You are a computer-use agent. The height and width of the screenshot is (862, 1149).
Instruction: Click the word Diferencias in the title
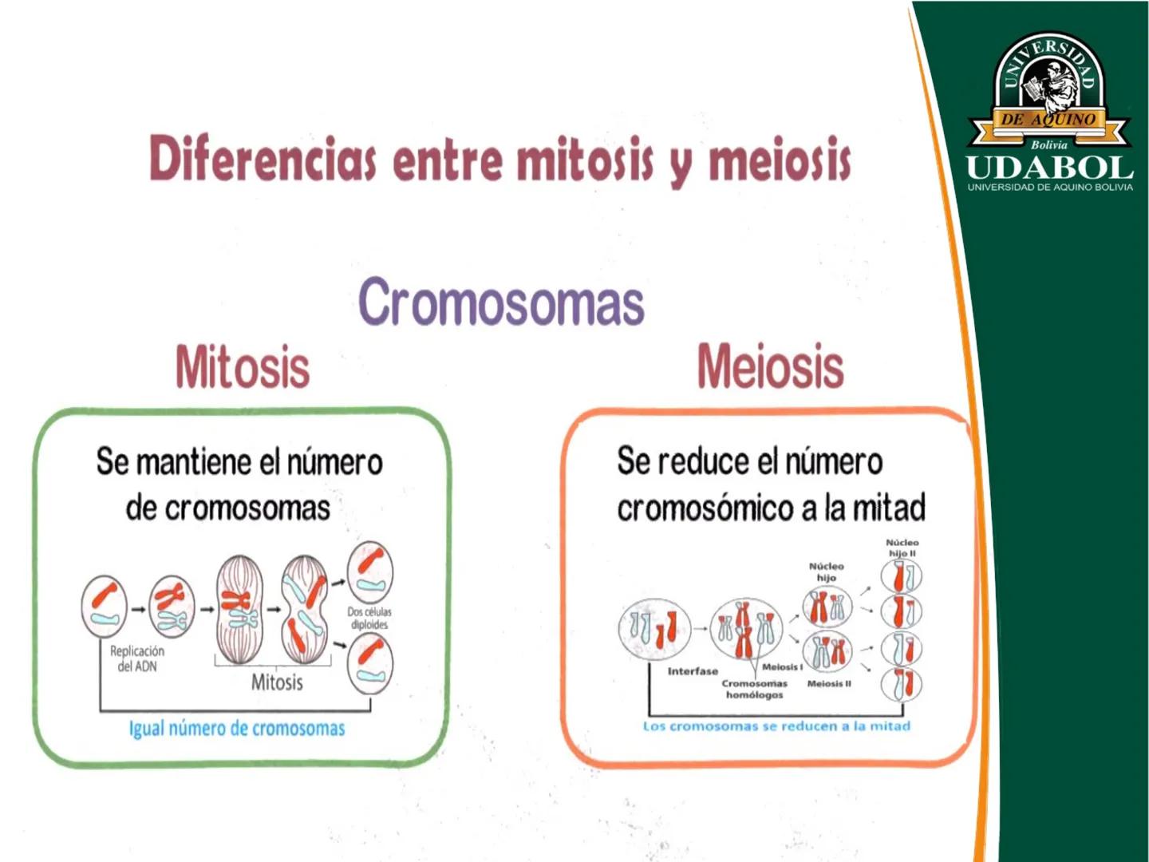[263, 158]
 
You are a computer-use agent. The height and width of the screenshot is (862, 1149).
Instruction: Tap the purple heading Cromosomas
[501, 302]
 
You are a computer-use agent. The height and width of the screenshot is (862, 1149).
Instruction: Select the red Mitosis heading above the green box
[243, 367]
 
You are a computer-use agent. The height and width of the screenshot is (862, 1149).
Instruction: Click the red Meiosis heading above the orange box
[771, 367]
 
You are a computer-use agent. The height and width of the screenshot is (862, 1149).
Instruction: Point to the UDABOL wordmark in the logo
[1049, 168]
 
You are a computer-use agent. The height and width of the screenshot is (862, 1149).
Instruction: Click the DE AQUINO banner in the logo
[1048, 120]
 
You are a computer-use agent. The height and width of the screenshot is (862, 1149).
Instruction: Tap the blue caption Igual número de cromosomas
[237, 729]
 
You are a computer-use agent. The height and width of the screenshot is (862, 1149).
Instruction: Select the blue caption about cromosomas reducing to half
[777, 726]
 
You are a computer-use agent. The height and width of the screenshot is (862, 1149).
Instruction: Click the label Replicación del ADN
[137, 658]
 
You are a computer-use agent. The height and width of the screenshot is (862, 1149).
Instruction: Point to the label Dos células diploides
[369, 618]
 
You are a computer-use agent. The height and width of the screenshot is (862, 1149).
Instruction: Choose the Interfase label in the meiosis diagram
[693, 671]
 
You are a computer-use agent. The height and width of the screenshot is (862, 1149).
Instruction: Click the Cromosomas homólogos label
[754, 689]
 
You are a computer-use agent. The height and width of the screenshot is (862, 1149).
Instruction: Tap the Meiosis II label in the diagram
[829, 683]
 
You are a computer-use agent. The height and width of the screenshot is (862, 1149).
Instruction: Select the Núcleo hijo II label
[902, 548]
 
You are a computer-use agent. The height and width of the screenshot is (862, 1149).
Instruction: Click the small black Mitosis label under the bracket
[277, 682]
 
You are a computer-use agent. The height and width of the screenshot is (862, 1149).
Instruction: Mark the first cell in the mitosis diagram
[105, 606]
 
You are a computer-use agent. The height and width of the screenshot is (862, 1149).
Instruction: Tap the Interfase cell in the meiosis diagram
[654, 629]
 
